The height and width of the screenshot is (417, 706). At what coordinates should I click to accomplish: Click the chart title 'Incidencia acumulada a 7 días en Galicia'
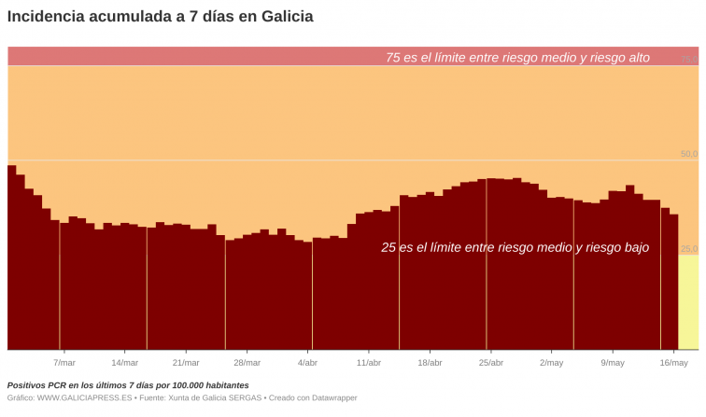click(x=161, y=17)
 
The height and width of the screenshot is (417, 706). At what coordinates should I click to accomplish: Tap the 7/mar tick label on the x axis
click(x=64, y=363)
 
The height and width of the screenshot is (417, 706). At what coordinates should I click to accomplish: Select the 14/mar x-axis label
click(x=124, y=363)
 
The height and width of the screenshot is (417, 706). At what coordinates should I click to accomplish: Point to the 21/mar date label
click(x=186, y=363)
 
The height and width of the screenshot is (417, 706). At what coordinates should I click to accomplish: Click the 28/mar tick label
click(x=247, y=363)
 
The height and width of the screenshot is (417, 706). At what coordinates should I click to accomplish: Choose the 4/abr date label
click(x=307, y=363)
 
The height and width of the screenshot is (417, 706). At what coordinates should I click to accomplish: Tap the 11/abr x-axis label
click(x=369, y=363)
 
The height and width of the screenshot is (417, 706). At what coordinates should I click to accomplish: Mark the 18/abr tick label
click(x=430, y=363)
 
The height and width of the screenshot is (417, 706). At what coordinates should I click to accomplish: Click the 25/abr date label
click(x=491, y=363)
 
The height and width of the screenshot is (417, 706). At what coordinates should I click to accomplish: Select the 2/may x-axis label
click(x=552, y=363)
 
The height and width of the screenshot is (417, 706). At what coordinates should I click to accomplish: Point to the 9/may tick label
click(x=613, y=363)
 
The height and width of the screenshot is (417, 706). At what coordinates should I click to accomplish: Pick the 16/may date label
click(x=673, y=363)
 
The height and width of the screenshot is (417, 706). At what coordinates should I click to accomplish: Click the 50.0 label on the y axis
click(x=688, y=154)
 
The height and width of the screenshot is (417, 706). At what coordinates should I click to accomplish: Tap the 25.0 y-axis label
click(x=688, y=249)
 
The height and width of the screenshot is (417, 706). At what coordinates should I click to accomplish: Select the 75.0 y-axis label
click(x=688, y=59)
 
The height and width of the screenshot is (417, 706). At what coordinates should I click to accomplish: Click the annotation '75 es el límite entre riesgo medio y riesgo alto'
click(x=517, y=58)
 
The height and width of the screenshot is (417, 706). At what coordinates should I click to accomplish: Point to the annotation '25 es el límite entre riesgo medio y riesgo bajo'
click(x=515, y=248)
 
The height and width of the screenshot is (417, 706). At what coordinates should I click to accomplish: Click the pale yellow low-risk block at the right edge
click(x=688, y=303)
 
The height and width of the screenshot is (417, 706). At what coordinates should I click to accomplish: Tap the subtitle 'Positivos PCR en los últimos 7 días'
click(x=128, y=385)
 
